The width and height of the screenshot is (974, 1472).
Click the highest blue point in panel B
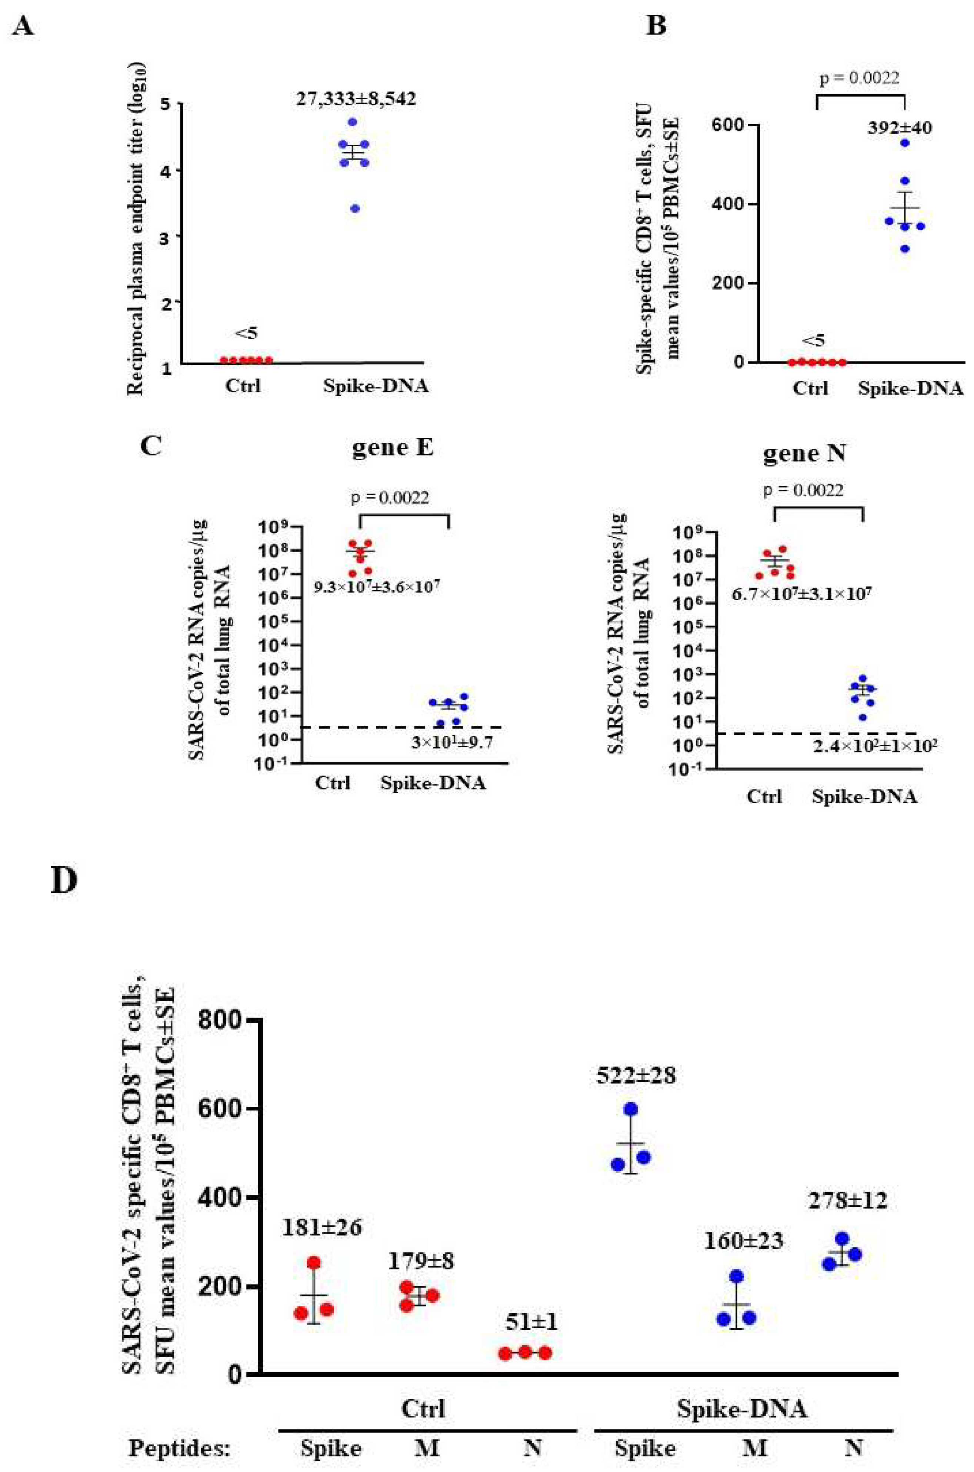coord(905,143)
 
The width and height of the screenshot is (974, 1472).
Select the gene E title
coord(393,447)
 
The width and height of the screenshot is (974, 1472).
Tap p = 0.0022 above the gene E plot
coord(390,497)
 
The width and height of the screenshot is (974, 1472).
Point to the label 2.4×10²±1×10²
coord(875,745)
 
